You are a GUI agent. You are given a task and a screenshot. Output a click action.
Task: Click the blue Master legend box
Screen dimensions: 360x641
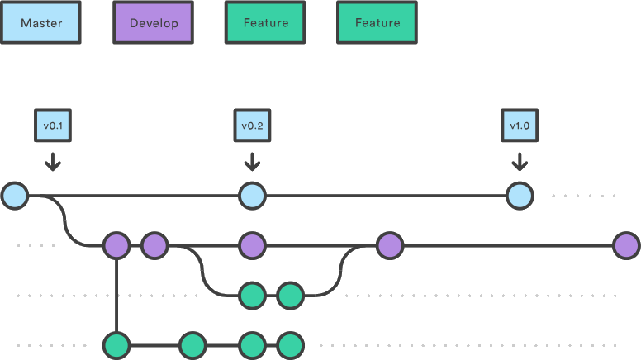40,22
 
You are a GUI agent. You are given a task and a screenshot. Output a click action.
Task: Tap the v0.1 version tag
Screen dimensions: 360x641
53,126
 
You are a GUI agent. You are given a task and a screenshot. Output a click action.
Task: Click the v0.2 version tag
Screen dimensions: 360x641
252,126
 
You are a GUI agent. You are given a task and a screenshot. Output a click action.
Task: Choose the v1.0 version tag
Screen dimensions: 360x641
519,126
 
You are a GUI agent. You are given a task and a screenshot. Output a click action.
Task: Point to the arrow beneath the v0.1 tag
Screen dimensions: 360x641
53,161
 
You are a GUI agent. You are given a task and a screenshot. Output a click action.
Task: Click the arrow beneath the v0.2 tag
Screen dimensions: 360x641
252,161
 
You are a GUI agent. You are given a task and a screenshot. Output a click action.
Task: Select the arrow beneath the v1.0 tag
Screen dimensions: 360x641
519,161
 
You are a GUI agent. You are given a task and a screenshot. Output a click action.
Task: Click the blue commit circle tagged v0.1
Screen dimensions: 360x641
15,197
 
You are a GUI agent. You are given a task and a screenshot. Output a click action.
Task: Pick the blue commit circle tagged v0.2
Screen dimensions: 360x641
252,197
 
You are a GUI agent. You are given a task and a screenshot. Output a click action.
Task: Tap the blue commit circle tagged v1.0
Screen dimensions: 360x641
519,197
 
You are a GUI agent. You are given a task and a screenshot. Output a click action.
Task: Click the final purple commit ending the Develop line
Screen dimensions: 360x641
626,245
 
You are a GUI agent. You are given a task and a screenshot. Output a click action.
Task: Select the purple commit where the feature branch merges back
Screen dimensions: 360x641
389,245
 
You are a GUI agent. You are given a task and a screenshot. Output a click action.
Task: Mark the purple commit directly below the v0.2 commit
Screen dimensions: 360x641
252,245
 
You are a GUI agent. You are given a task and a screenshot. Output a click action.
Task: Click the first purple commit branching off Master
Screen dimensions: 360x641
116,245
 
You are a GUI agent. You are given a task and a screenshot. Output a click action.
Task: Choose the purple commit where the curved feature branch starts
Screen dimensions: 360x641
154,245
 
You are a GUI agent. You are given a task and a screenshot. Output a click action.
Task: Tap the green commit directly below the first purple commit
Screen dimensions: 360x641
116,343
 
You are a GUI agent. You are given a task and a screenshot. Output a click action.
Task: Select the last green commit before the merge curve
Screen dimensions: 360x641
290,295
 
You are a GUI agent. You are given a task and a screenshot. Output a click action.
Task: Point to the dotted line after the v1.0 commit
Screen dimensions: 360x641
584,197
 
